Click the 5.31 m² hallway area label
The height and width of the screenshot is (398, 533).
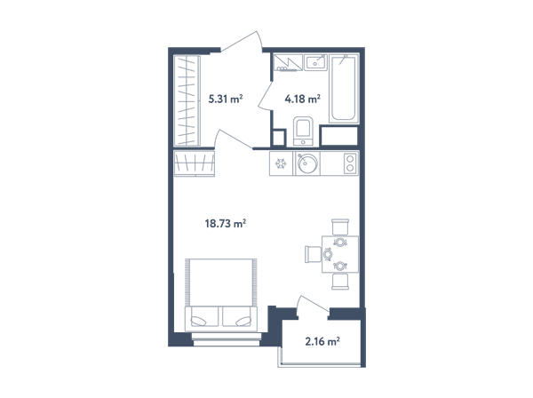[x=226, y=99]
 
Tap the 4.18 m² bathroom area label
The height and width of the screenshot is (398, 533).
[x=303, y=99]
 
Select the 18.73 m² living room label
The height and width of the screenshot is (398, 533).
[x=226, y=224]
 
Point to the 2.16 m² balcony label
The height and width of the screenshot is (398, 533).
[x=322, y=341]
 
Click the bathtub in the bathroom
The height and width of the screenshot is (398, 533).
[x=344, y=88]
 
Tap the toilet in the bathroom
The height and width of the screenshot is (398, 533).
[x=303, y=131]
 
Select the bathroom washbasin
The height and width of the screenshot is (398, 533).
[x=315, y=62]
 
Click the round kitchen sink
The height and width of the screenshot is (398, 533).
[x=307, y=163]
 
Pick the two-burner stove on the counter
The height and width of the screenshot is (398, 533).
[x=350, y=163]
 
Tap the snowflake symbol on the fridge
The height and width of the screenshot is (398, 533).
[x=281, y=163]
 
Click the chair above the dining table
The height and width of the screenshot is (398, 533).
[x=340, y=227]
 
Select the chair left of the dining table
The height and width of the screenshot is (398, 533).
[x=313, y=254]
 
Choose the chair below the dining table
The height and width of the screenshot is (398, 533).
[x=340, y=282]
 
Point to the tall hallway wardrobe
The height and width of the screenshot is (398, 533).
[x=187, y=100]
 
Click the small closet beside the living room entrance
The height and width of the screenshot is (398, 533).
[x=194, y=163]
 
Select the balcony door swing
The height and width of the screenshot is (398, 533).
[x=313, y=306]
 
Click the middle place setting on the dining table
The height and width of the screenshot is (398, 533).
[x=328, y=254]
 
